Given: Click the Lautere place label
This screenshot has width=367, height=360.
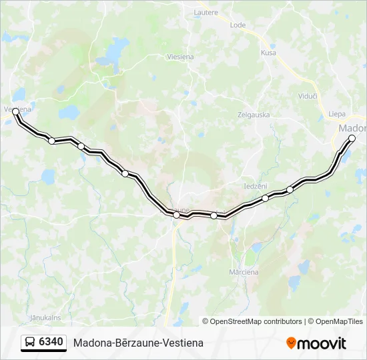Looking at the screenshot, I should pyautogui.click(x=206, y=12).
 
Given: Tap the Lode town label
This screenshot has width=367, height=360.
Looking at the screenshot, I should pyautogui.click(x=238, y=25).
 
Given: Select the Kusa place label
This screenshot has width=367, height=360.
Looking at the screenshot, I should pyautogui.click(x=268, y=53).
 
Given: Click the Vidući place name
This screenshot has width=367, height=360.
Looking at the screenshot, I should pyautogui.click(x=307, y=97).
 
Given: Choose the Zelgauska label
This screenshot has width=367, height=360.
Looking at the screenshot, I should pyautogui.click(x=254, y=115).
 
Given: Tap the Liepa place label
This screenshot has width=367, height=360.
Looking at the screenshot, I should pyautogui.click(x=337, y=114).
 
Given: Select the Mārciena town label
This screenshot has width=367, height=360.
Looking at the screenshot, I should pyautogui.click(x=244, y=272).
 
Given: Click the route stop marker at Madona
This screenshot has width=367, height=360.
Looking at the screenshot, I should pyautogui.click(x=352, y=139).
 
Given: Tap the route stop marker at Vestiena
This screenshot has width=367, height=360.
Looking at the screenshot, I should pyautogui.click(x=15, y=112).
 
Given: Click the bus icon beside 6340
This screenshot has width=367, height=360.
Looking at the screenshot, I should pyautogui.click(x=31, y=343).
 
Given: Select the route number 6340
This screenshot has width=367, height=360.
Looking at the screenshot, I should pyautogui.click(x=51, y=343).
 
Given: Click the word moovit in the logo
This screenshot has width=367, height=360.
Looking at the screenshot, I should pyautogui.click(x=322, y=343).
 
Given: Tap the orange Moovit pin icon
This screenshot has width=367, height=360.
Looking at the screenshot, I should pyautogui.click(x=291, y=343).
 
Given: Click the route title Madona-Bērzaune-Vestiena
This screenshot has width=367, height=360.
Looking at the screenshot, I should pyautogui.click(x=138, y=343).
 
